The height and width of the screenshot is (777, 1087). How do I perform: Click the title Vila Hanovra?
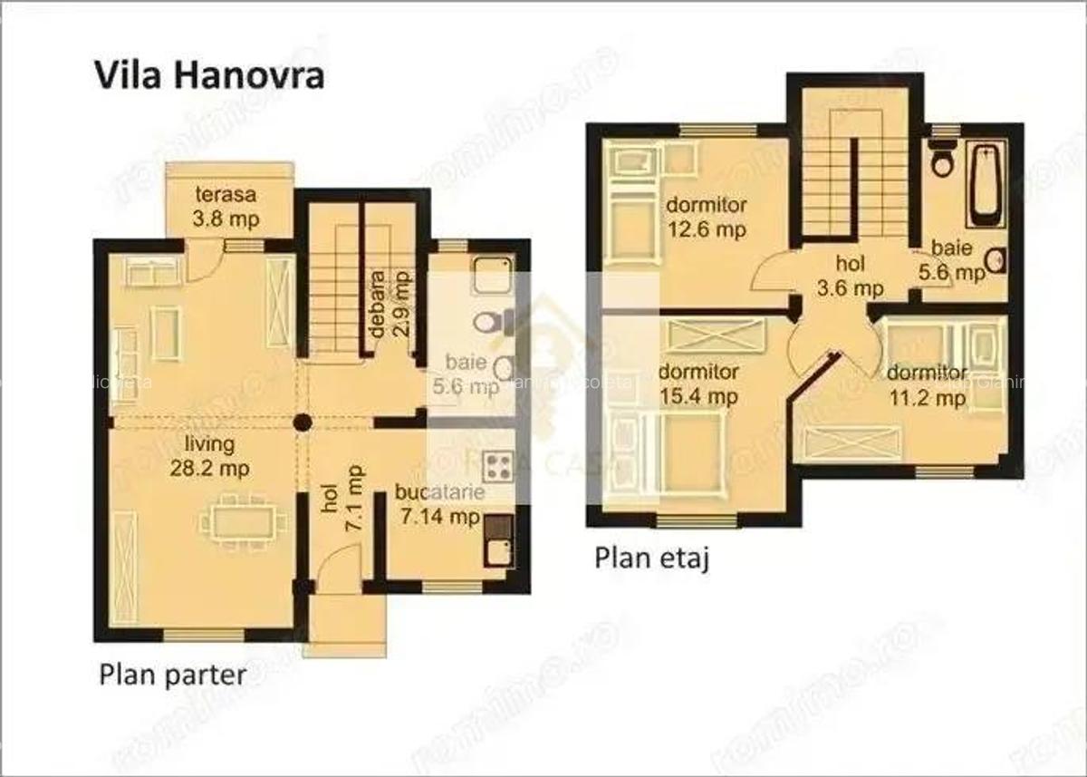coord(209,75)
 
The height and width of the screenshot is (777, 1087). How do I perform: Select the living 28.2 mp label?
coord(209,456)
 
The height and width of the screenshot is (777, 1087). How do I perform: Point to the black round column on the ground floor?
coord(302,422)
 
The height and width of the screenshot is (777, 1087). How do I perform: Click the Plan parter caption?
coord(172,675)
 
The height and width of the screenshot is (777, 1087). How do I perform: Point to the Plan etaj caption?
coord(651,558)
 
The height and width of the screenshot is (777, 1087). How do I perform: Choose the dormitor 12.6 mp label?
coord(706,217)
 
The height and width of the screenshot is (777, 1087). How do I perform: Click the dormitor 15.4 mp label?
coord(697,384)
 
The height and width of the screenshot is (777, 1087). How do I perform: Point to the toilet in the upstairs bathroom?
coord(943,160)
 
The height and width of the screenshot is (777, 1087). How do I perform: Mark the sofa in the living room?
coord(124,353)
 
